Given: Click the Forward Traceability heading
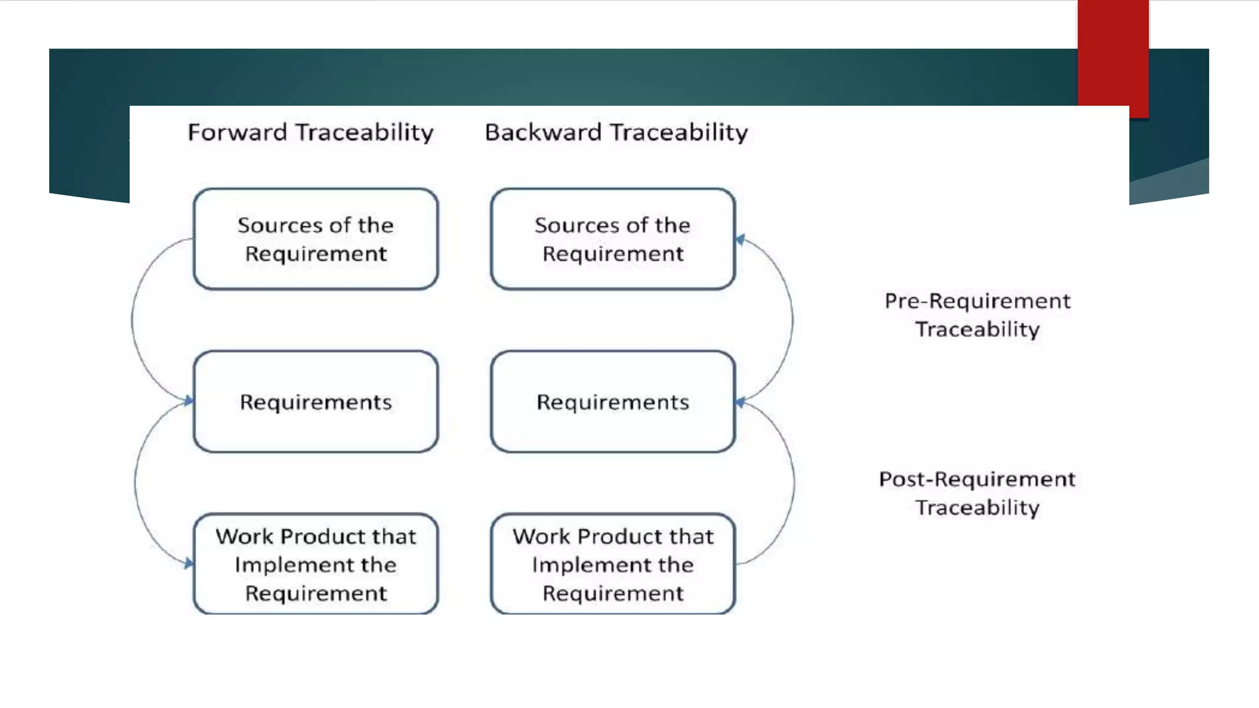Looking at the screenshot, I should (310, 133).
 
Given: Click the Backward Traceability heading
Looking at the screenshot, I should (616, 133).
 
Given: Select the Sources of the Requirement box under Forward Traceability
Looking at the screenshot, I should (315, 239).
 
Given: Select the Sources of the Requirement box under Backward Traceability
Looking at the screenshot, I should (612, 239).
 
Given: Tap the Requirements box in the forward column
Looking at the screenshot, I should (315, 402).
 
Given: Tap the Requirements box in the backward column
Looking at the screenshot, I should (612, 402).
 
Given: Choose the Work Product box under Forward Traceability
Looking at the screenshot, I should (315, 564).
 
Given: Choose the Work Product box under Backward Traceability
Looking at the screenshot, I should (612, 564).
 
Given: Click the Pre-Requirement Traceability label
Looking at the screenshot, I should (977, 315).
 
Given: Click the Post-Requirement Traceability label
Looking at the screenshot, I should (977, 493).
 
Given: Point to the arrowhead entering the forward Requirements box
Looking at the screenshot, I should (189, 401).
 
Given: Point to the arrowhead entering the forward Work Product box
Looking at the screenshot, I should (189, 563).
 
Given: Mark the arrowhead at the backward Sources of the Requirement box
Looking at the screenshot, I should (741, 240).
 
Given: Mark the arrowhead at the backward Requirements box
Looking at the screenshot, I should (741, 402).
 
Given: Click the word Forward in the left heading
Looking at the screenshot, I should (237, 133).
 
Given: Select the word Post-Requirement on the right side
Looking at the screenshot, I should (977, 479).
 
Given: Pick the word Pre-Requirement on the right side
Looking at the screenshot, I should (977, 301).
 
